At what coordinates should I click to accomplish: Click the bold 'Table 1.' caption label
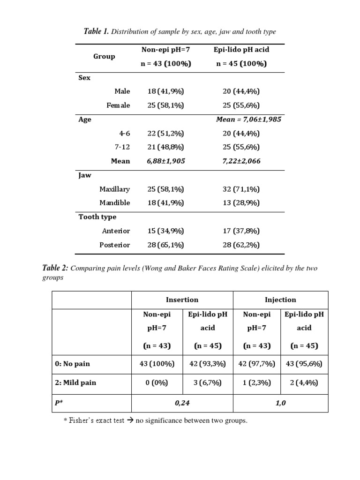click(96, 32)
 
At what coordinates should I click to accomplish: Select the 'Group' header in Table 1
click(104, 56)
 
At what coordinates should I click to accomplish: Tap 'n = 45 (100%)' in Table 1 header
click(241, 64)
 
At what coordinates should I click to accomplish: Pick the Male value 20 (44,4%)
click(241, 91)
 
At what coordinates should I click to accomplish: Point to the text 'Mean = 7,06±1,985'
click(248, 120)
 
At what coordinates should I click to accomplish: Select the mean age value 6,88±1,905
click(166, 161)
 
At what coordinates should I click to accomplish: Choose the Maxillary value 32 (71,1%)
click(241, 189)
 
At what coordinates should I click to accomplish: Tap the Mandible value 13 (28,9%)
click(241, 203)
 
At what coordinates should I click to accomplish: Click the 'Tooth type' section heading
click(97, 217)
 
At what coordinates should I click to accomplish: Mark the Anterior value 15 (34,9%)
click(165, 231)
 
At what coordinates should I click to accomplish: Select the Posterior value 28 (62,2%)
click(241, 245)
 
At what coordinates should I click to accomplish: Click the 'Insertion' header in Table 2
click(182, 300)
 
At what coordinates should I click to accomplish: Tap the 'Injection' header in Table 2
click(280, 300)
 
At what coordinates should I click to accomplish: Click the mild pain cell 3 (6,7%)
click(208, 382)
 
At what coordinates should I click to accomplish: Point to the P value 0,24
click(182, 402)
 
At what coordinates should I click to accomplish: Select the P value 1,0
click(280, 402)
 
